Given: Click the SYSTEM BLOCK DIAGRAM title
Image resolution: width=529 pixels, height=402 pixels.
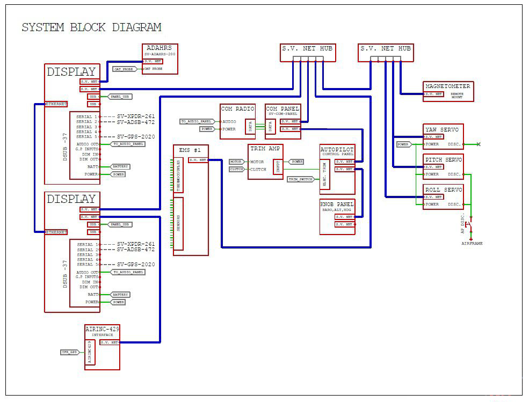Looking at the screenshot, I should click(x=91, y=27).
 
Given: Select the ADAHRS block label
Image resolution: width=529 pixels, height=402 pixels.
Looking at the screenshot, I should click(x=159, y=48).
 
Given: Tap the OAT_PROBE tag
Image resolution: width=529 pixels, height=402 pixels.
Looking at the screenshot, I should click(x=124, y=69).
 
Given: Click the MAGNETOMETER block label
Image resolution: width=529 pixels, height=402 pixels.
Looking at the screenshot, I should click(x=447, y=86).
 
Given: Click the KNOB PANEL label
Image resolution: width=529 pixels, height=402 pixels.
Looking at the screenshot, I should click(x=337, y=204).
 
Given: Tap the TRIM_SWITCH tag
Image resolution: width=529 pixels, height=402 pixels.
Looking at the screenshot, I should click(x=301, y=179).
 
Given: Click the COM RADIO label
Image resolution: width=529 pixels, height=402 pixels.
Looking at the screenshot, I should click(x=238, y=108).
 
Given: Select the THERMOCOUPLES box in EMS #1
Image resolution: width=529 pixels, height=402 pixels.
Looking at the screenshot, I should click(x=179, y=175).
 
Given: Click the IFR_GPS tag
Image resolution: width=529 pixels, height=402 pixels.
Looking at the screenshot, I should click(x=70, y=352).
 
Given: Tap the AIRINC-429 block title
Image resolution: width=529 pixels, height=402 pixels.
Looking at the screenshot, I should click(x=102, y=328).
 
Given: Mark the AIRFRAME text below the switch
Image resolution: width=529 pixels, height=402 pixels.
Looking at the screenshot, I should click(x=472, y=244).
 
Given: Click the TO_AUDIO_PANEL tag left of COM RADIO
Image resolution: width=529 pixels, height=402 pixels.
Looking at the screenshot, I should click(x=197, y=122).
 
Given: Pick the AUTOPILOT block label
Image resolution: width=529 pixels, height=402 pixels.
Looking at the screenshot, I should click(x=337, y=149).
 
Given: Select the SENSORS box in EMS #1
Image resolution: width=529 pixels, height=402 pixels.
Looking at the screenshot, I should click(x=178, y=223).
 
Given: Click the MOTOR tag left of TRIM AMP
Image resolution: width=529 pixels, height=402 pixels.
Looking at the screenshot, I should click(x=236, y=162).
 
